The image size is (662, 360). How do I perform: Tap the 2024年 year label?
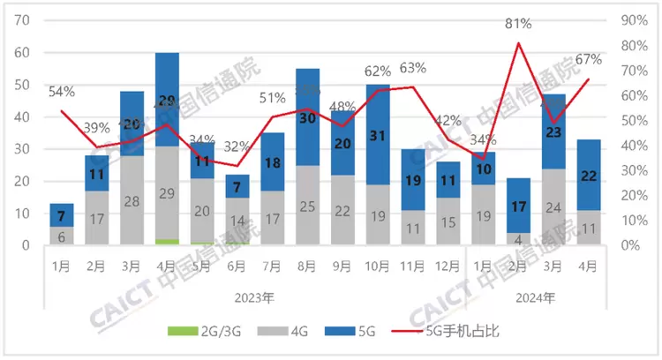point(537,297)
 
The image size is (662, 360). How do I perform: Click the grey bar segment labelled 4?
point(518,239)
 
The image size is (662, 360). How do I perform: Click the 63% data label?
point(412,67)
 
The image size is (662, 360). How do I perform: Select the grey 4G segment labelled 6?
point(62,236)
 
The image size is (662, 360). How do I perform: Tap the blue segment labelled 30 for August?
point(307,117)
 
